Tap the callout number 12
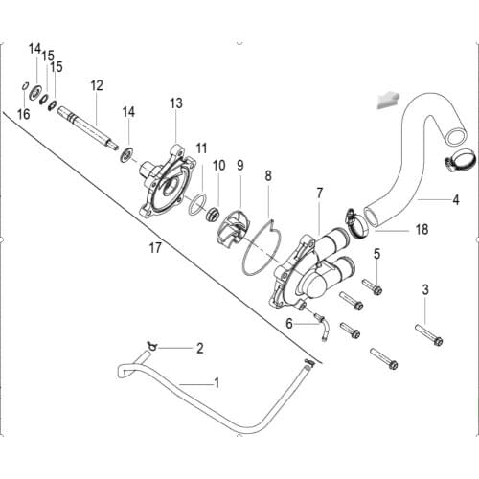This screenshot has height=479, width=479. [x=97, y=85]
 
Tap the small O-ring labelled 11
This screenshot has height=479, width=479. [x=196, y=204]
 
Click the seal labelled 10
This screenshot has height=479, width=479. [x=216, y=214]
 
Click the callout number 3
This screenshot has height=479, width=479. [x=425, y=288]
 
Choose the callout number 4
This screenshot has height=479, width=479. [x=456, y=200]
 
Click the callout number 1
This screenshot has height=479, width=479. [x=217, y=382]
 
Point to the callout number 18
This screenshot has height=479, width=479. [x=395, y=230]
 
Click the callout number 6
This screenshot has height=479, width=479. [x=288, y=324]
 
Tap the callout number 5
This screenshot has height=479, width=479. [x=376, y=254]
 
